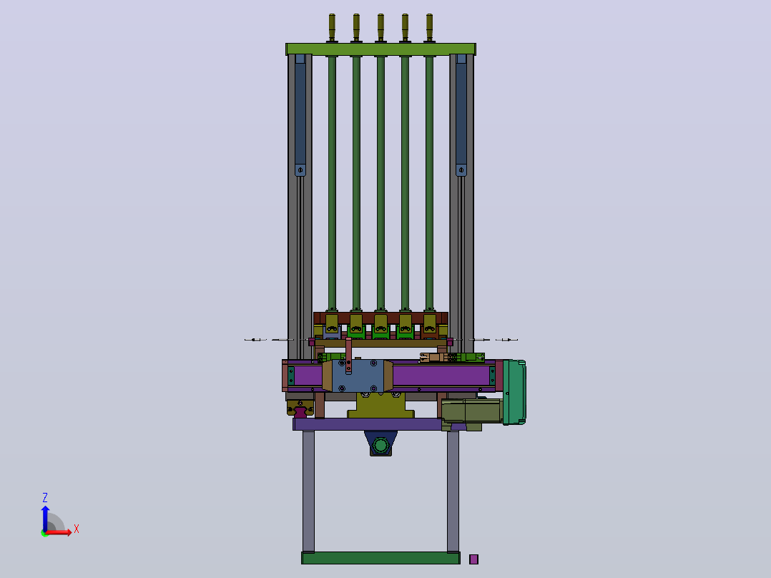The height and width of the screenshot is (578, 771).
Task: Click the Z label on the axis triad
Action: pos(45,497)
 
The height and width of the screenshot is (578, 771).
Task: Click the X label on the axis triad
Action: pos(77,529)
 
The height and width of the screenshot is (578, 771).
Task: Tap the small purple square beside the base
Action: pos(473,559)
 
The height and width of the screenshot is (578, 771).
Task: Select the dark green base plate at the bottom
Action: pos(380,558)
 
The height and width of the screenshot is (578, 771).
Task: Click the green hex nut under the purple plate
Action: pos(380,446)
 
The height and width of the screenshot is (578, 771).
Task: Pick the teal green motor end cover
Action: pos(514,392)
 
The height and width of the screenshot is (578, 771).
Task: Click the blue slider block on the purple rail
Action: pos(358,376)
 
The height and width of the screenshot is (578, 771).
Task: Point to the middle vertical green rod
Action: pos(380,183)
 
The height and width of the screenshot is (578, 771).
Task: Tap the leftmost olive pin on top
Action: pos(332,28)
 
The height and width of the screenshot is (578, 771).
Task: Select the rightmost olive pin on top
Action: pos(429,28)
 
